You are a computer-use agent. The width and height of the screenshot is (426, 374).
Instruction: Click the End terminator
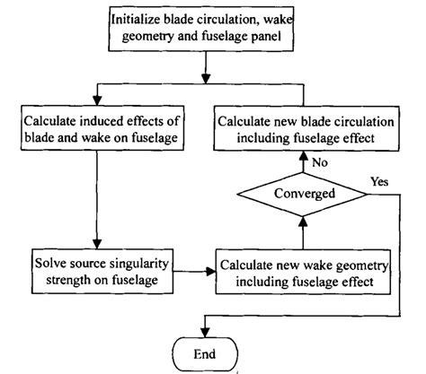[206, 352]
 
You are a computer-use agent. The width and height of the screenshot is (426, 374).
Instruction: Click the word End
[206, 352]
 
